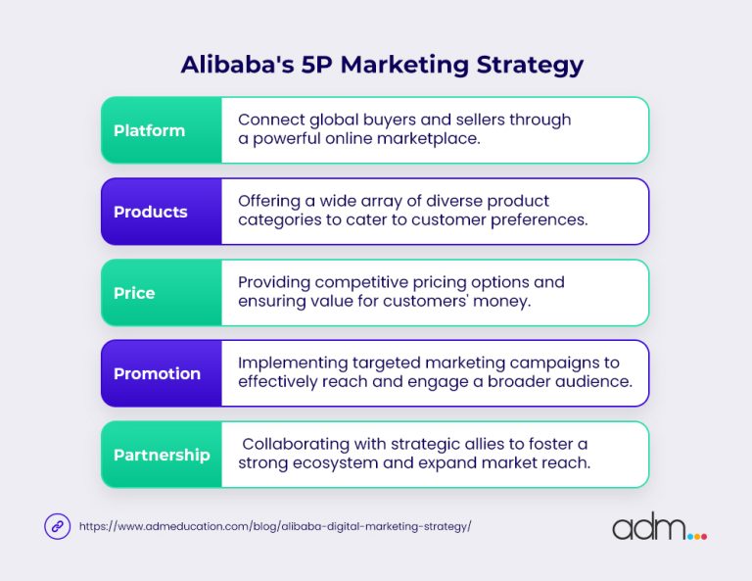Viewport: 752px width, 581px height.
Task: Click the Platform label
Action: point(149,130)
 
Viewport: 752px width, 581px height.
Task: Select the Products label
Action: point(150,212)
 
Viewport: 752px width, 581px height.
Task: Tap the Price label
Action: point(134,293)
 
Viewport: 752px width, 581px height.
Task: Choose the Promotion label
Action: point(157,373)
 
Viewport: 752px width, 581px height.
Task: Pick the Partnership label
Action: point(162,455)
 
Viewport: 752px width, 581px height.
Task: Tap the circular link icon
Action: point(58,526)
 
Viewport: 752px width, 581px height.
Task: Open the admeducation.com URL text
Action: point(275,526)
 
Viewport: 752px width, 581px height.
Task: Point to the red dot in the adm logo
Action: point(701,536)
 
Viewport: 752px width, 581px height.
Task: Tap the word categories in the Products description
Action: point(279,220)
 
